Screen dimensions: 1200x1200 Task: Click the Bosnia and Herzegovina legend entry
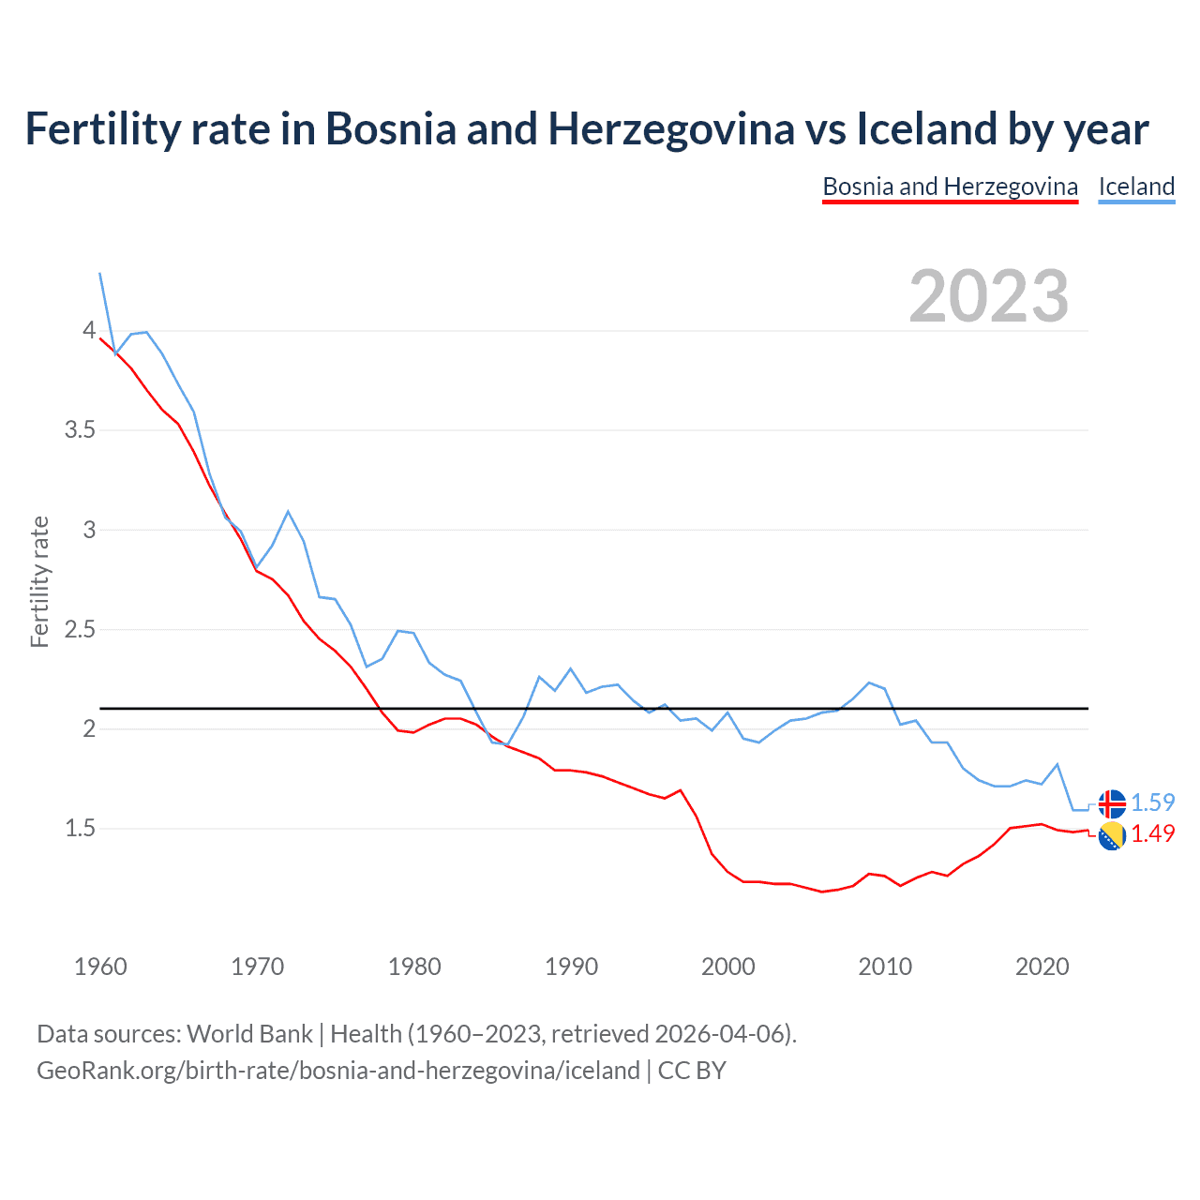click(x=950, y=187)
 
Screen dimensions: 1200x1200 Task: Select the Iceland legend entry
click(x=1136, y=187)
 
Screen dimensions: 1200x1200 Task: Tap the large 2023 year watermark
click(x=988, y=296)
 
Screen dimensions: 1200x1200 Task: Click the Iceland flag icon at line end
click(x=1111, y=803)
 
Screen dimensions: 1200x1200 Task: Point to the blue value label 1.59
click(x=1152, y=802)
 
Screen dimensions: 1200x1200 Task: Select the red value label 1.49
click(x=1152, y=833)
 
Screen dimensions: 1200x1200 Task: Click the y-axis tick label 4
click(x=89, y=330)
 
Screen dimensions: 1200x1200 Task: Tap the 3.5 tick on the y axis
click(x=80, y=430)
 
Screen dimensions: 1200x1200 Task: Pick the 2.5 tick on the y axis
click(x=80, y=629)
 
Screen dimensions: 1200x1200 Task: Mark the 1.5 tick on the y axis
click(x=80, y=829)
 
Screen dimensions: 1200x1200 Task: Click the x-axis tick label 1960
click(x=100, y=967)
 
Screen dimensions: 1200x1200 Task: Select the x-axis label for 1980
click(x=414, y=967)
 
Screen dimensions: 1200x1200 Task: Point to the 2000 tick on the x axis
click(x=727, y=967)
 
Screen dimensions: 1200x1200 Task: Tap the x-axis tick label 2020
click(x=1042, y=967)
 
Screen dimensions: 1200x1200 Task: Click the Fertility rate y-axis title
click(x=39, y=581)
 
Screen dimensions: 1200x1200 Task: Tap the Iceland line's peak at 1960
click(x=100, y=273)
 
